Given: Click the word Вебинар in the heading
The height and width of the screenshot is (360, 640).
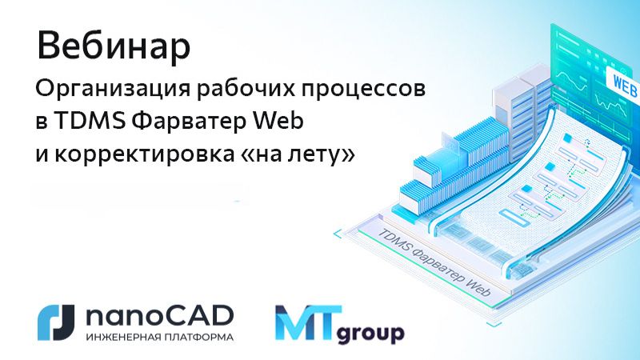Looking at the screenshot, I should coord(114,46).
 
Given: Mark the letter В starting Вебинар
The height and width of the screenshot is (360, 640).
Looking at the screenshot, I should coord(50,46).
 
